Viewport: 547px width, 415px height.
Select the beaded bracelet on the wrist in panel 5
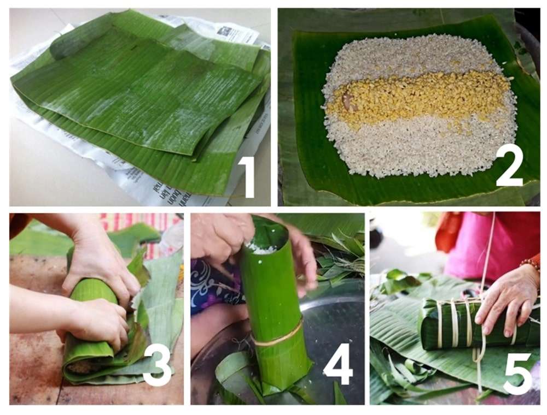point(529,264)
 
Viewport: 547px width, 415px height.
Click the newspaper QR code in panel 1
point(225,31)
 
